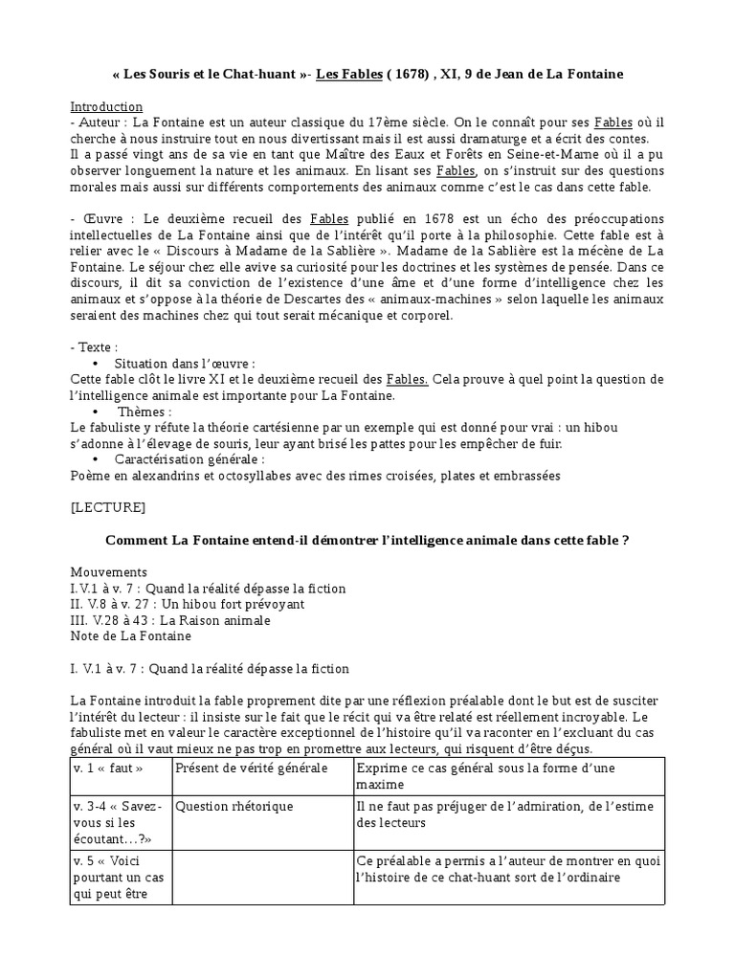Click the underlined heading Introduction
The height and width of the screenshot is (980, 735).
pyautogui.click(x=106, y=106)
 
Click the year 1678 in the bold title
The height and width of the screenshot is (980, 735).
pyautogui.click(x=377, y=75)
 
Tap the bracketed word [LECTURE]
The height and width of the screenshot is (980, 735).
pyautogui.click(x=108, y=506)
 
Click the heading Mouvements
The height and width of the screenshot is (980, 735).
pyautogui.click(x=109, y=571)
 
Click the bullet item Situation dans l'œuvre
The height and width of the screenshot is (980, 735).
pyautogui.click(x=184, y=364)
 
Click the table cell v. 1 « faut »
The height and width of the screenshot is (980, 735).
pyautogui.click(x=108, y=768)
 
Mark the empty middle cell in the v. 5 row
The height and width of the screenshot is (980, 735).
pyautogui.click(x=262, y=877)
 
